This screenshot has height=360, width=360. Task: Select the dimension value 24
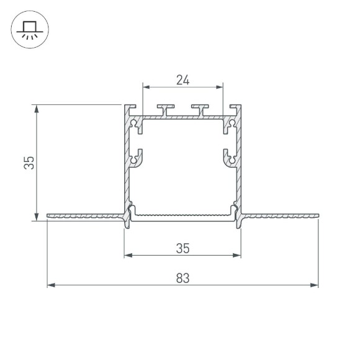tap(182, 80)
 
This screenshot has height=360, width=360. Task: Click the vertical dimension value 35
tap(28, 163)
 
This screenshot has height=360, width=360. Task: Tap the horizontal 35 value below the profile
tap(182, 248)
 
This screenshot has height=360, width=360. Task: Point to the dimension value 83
tap(182, 278)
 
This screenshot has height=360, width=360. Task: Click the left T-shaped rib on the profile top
tap(166, 110)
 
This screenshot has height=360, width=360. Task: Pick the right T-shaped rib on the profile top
tap(199, 110)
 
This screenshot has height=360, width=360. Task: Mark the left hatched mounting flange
tap(84, 217)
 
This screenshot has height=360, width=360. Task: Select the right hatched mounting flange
tap(279, 217)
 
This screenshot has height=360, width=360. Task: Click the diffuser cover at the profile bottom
tap(182, 216)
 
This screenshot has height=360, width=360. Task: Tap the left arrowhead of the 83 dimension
tap(51, 286)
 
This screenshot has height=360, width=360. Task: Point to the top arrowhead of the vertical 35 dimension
tap(37, 108)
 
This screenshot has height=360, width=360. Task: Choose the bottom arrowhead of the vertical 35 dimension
tap(37, 216)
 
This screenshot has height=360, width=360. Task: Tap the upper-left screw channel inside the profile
tap(136, 126)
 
